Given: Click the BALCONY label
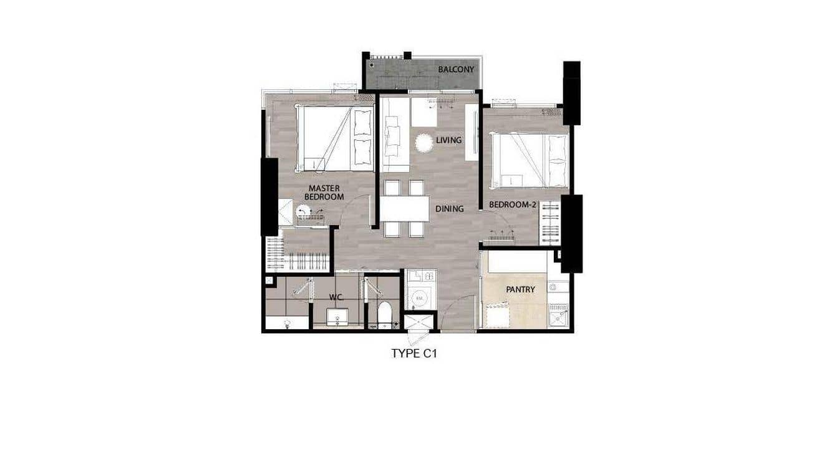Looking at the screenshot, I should point(456,69).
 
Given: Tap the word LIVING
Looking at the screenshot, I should point(448,140).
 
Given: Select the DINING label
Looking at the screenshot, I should point(449,209).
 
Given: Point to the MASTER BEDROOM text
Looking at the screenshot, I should point(324,192).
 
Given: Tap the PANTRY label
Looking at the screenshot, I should point(520,290).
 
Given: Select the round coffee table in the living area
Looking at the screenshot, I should point(423,143).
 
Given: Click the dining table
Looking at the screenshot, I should point(404,209).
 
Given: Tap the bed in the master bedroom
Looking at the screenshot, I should point(334,138).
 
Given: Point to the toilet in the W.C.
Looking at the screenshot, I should point(384,314).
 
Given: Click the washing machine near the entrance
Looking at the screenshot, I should point(420,298).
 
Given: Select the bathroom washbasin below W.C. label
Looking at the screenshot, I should point(337,317).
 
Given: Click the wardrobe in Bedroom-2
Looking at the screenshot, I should point(549,223).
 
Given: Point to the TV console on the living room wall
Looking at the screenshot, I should point(472,125).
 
